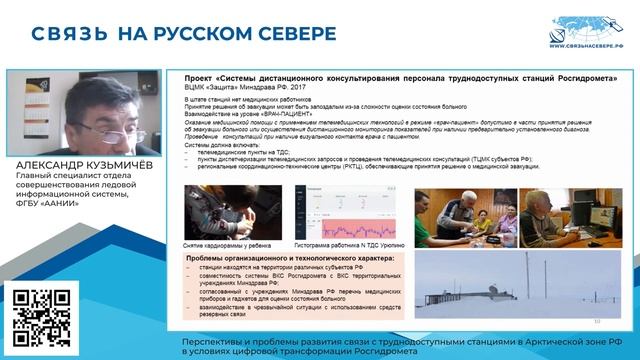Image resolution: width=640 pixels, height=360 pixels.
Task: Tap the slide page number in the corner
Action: [x=597, y=321]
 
